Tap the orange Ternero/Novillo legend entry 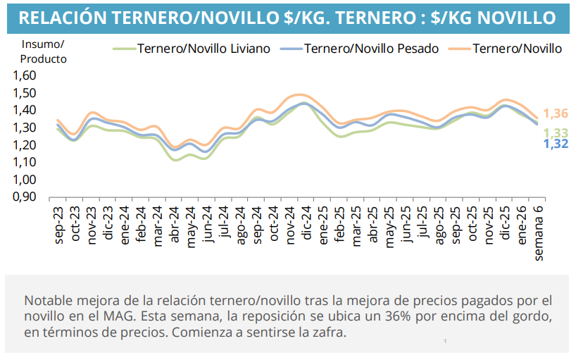click(517, 49)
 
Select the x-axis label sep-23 click(58, 224)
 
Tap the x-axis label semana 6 click(539, 230)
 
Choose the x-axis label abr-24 click(174, 224)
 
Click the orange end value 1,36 click(556, 114)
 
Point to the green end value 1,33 click(556, 133)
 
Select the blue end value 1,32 click(556, 144)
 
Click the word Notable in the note click(45, 298)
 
